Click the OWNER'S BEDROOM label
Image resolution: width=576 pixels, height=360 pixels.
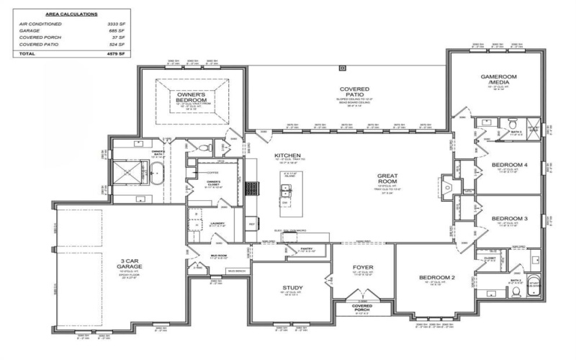pos(192,97)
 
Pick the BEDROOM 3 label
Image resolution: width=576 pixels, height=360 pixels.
pos(510,217)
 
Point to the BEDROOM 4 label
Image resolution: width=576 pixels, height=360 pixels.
pos(510,165)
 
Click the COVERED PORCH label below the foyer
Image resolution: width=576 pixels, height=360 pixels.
pos(361,307)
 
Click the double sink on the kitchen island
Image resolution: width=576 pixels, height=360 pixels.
pos(287,191)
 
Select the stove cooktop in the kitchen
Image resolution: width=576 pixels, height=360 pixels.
pos(253,188)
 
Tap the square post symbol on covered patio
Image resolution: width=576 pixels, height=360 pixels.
pos(342,68)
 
